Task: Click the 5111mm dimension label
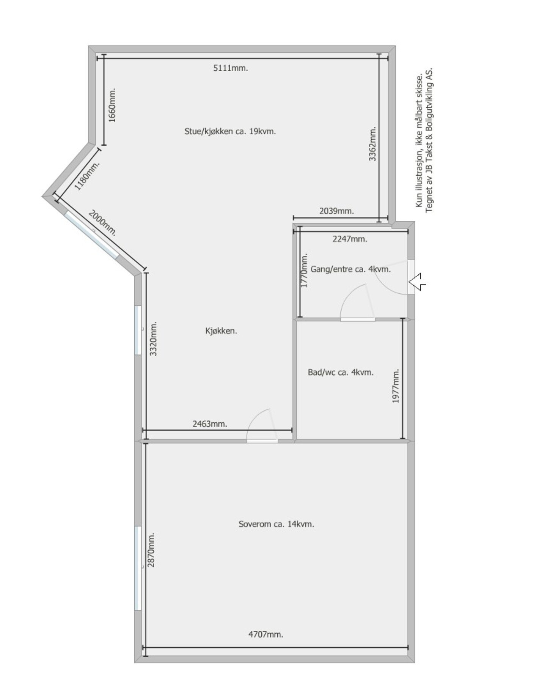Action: pos(230,68)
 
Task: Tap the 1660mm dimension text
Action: pos(113,105)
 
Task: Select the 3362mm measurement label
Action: pos(373,144)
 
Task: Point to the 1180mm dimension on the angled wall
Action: pos(87,176)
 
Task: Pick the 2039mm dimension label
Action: pos(336,211)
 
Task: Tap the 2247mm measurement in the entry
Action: pos(350,239)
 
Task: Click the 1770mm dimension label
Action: pos(304,271)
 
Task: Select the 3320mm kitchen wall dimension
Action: pos(153,338)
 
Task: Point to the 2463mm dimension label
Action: pos(210,424)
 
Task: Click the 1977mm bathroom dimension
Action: pos(396,386)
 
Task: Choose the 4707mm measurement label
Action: pos(266,634)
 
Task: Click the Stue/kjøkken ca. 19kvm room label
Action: pos(230,132)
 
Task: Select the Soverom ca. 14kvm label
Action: pos(276,524)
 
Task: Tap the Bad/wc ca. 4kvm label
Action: pos(341,372)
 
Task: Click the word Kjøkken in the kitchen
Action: pos(221,331)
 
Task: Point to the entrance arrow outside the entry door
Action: pos(417,282)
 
